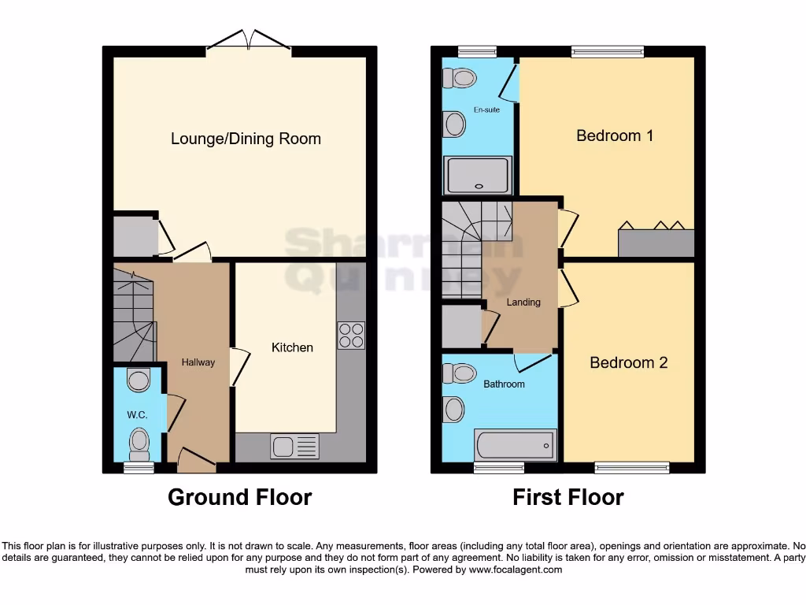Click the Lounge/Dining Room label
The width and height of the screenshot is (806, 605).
[246, 139]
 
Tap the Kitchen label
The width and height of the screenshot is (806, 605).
[292, 347]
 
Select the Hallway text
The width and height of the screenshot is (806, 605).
[198, 362]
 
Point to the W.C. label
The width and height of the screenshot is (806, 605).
[137, 414]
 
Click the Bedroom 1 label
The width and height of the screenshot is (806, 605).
[615, 135]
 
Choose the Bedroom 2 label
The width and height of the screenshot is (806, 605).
[629, 362]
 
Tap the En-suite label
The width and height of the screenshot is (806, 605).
[486, 109]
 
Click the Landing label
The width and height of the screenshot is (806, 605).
[523, 302]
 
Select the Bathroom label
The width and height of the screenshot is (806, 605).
[504, 384]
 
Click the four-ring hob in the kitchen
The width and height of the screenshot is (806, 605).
[352, 336]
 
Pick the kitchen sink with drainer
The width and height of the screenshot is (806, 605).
[294, 446]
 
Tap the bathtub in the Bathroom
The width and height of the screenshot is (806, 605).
[516, 445]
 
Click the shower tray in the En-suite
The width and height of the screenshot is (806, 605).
[478, 175]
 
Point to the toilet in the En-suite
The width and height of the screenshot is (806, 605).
[460, 79]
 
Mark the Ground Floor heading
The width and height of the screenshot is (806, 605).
[240, 498]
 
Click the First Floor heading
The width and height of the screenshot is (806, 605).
[568, 498]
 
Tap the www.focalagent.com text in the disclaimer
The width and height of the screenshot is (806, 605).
[515, 570]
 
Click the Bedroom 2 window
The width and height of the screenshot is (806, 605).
[632, 468]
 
